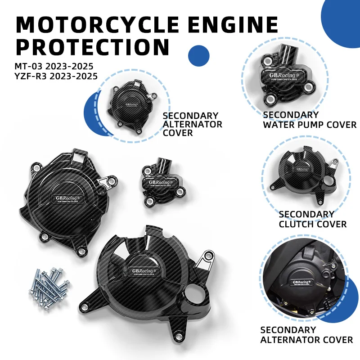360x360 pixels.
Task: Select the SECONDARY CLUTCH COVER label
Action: (x=312, y=219)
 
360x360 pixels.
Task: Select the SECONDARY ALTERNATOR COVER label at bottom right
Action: (x=306, y=335)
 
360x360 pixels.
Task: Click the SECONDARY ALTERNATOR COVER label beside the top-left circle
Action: (x=192, y=124)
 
